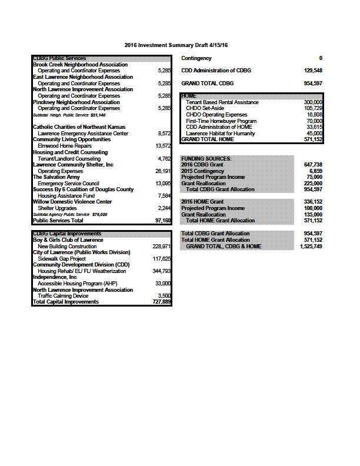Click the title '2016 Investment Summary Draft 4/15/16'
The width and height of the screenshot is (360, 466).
pos(176,45)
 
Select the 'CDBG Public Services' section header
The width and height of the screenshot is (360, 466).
pos(59,58)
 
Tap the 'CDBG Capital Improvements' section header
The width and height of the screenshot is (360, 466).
pos(67,234)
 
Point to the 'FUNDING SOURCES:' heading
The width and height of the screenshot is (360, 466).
pos(206,158)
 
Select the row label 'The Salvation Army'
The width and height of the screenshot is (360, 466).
pos(57,177)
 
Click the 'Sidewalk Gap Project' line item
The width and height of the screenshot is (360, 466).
pos(62,258)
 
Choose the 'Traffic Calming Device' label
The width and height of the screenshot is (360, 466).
pos(63,296)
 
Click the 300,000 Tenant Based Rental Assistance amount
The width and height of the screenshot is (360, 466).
pos(312,102)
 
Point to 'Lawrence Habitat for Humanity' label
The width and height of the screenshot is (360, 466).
pos(221,133)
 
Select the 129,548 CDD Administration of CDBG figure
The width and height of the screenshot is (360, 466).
pos(312,71)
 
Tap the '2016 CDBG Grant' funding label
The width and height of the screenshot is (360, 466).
pos(203,165)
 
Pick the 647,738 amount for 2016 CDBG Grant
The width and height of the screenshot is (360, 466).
pos(312,165)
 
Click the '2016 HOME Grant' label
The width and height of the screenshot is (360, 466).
pos(203,202)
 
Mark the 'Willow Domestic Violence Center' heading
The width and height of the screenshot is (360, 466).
pos(72,202)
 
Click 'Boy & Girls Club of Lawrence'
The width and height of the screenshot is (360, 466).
pos(68,239)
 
